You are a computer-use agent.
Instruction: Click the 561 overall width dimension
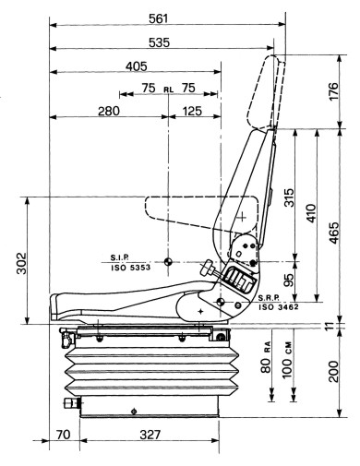click(159, 18)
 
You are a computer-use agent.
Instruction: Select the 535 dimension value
click(159, 42)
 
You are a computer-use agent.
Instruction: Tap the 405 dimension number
click(137, 66)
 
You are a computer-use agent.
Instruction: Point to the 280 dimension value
click(109, 111)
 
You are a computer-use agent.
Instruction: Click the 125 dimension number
click(192, 111)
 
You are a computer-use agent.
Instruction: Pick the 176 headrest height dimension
click(333, 91)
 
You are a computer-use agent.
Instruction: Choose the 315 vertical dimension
click(289, 197)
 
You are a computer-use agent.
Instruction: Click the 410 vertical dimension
click(311, 213)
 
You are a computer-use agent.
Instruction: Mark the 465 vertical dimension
click(333, 233)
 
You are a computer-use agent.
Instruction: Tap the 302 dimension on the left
click(21, 263)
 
